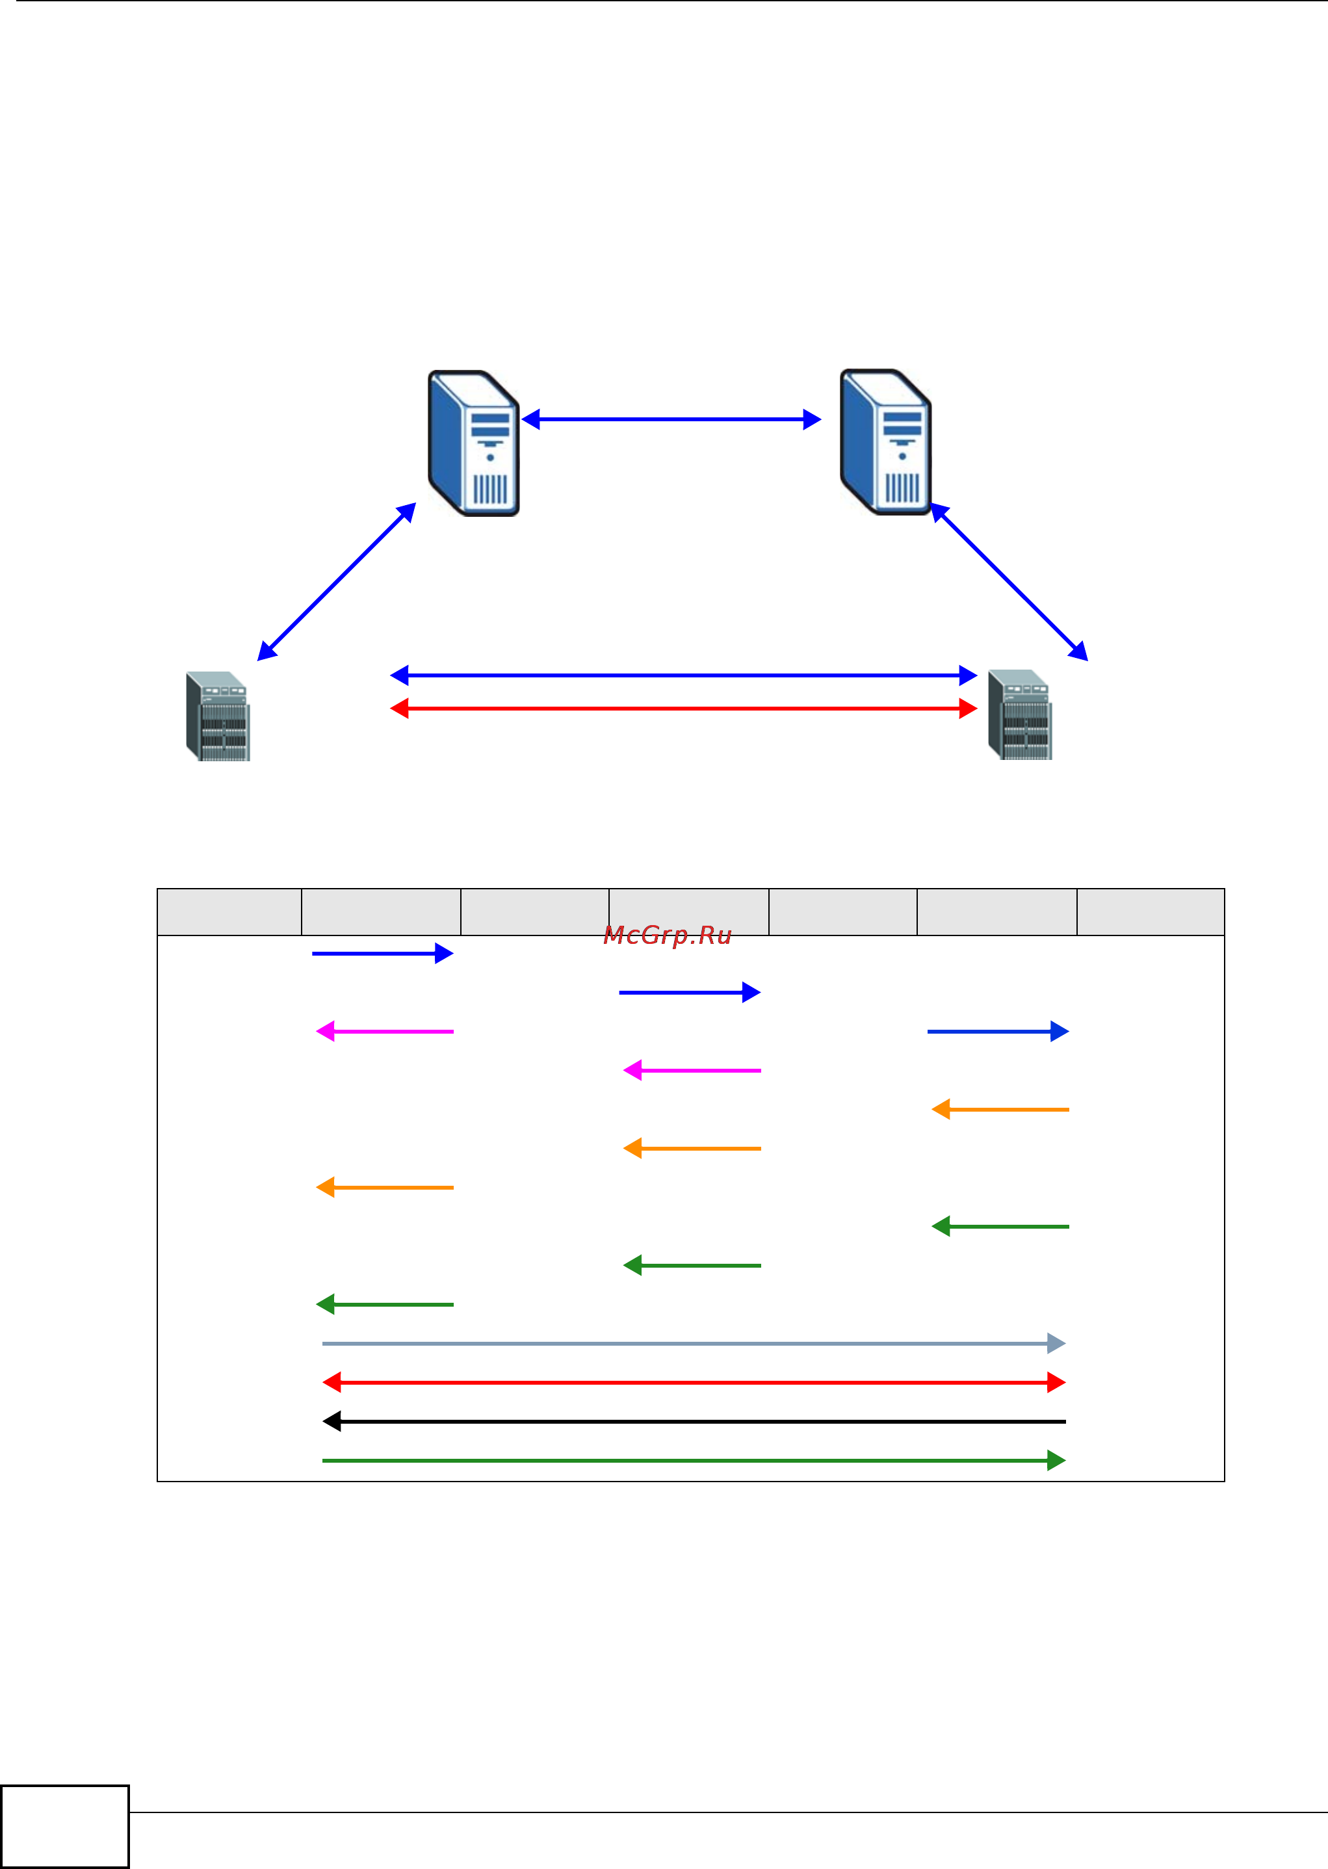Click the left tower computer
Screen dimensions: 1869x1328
[x=473, y=443]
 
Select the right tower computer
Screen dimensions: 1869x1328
[x=885, y=441]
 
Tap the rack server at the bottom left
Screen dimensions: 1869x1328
[x=218, y=716]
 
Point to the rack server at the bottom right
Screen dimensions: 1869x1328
[x=1020, y=714]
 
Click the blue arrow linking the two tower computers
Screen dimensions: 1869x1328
[x=671, y=419]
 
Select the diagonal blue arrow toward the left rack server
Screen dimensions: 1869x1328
[x=336, y=582]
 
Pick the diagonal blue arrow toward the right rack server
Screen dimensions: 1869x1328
[x=1010, y=582]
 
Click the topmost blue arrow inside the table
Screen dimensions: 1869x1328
[x=382, y=953]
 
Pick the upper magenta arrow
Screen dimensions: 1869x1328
[x=384, y=1032]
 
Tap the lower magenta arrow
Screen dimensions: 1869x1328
[x=692, y=1070]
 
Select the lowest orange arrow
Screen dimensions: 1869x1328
[x=384, y=1187]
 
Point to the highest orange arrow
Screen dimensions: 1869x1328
[x=1000, y=1110]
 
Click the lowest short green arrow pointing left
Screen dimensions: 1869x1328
[x=384, y=1304]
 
